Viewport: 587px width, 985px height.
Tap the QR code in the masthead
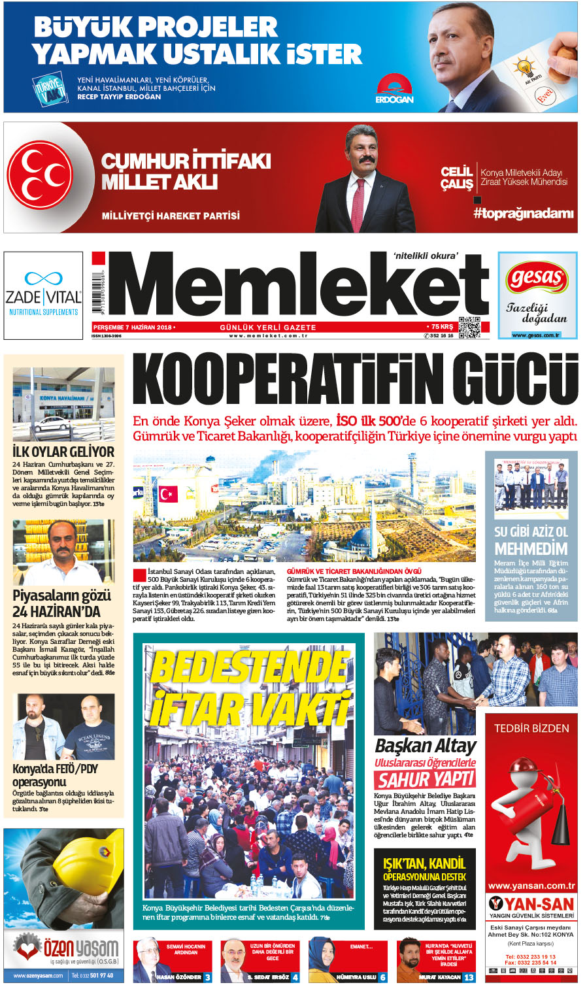click(x=470, y=327)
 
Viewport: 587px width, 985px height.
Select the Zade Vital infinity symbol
click(x=43, y=279)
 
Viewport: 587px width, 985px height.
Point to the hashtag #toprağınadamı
click(x=524, y=214)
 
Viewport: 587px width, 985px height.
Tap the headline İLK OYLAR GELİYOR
click(x=63, y=452)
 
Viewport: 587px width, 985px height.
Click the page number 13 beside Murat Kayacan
click(x=469, y=977)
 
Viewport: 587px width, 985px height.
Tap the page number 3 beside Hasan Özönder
click(x=207, y=977)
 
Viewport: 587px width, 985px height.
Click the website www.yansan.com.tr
click(x=531, y=886)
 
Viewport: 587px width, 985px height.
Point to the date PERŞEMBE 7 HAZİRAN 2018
click(x=133, y=327)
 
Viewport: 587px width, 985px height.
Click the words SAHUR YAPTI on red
click(x=426, y=779)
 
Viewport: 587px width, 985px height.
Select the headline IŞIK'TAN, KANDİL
click(x=424, y=863)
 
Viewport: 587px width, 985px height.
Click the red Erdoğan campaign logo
click(x=394, y=88)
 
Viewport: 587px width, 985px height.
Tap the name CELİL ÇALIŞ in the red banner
click(x=456, y=178)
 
